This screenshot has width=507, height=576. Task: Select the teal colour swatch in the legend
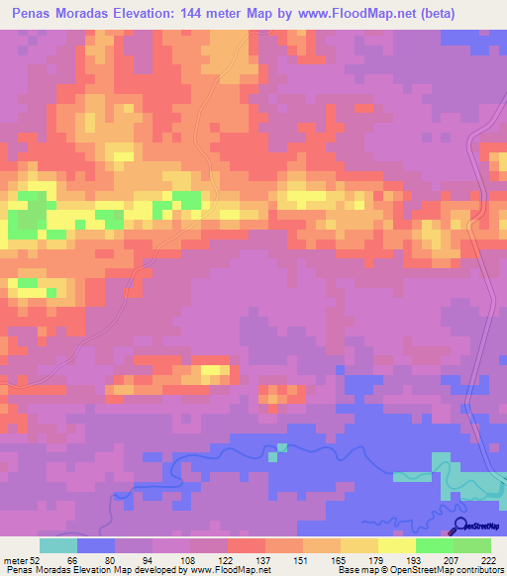point(58,545)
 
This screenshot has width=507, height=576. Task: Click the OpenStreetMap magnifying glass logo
point(460,525)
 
